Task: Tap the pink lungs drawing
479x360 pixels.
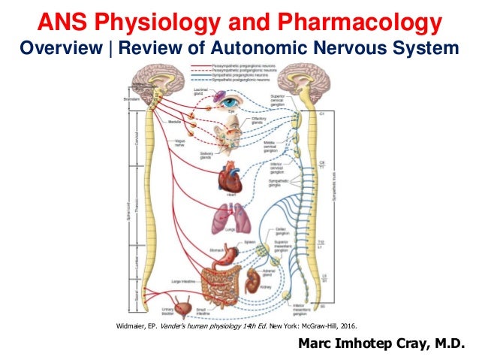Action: (229, 218)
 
